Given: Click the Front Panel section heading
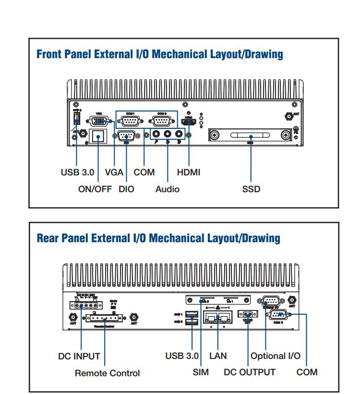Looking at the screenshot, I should click(x=159, y=54).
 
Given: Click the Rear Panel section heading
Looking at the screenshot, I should click(x=158, y=238).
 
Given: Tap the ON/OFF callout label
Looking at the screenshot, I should click(x=95, y=189).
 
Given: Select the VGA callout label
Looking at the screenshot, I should click(x=114, y=172).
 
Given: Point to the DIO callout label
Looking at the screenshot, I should click(x=126, y=189).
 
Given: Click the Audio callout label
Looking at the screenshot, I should click(x=167, y=189).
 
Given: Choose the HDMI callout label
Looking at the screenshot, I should click(x=189, y=172).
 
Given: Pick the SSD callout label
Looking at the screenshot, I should click(x=251, y=189).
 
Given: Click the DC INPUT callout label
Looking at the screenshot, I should click(x=79, y=356).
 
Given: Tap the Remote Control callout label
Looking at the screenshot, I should click(x=107, y=373).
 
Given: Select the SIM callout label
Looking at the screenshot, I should click(x=201, y=372).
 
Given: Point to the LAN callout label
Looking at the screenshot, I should click(x=218, y=356).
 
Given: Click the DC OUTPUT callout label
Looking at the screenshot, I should click(x=250, y=372).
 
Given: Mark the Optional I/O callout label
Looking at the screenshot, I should click(x=276, y=356).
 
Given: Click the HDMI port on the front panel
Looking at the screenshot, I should click(x=189, y=122).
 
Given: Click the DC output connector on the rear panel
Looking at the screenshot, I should click(x=248, y=315).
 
